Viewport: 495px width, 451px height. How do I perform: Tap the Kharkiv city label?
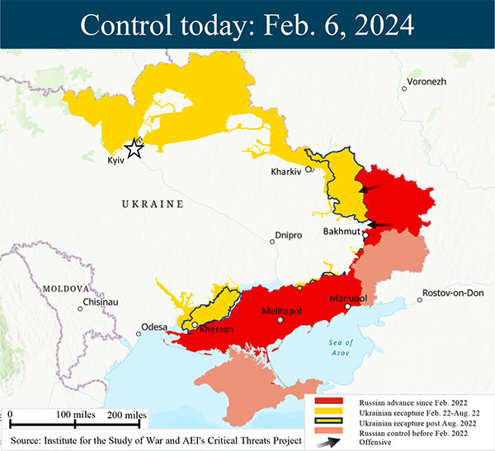click(288, 172)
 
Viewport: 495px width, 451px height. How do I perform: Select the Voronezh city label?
click(425, 82)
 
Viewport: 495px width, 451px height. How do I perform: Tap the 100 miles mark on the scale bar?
click(76, 413)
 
